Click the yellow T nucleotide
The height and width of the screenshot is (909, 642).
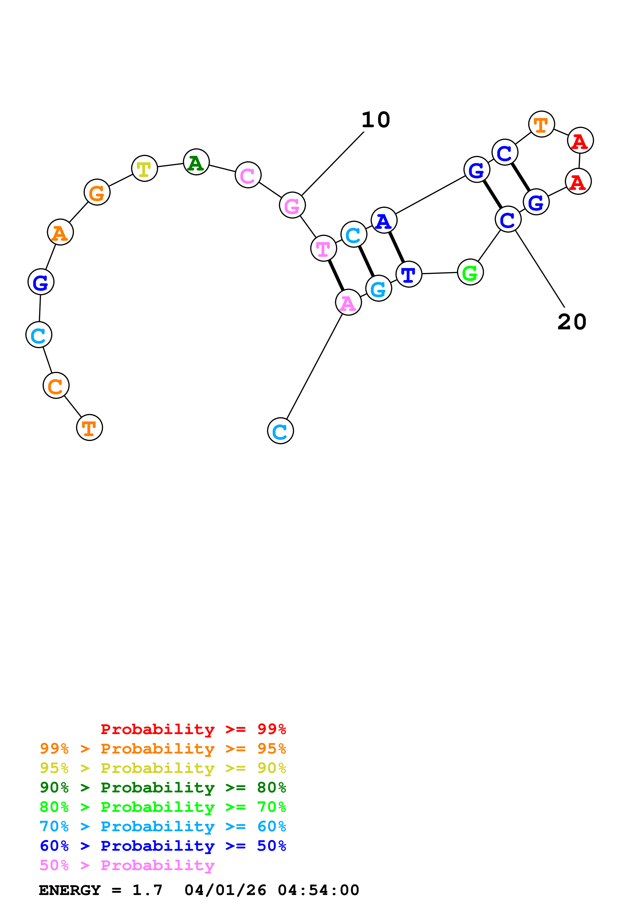pyautogui.click(x=145, y=169)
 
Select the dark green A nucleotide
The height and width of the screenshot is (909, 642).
pyautogui.click(x=196, y=162)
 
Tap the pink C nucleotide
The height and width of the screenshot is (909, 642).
pyautogui.click(x=248, y=175)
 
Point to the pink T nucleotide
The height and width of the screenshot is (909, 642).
pyautogui.click(x=323, y=249)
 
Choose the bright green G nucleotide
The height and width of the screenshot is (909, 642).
pyautogui.click(x=470, y=272)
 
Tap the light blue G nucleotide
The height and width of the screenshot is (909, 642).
pyautogui.click(x=379, y=289)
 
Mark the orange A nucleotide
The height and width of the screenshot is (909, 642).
pyautogui.click(x=60, y=232)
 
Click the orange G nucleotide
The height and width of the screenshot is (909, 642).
pyautogui.click(x=97, y=193)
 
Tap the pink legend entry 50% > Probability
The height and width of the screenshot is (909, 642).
pyautogui.click(x=127, y=865)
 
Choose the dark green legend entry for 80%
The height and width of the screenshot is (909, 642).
pyautogui.click(x=163, y=787)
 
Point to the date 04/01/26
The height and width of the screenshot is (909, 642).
pyautogui.click(x=225, y=890)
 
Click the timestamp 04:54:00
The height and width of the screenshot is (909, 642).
pyautogui.click(x=319, y=890)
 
